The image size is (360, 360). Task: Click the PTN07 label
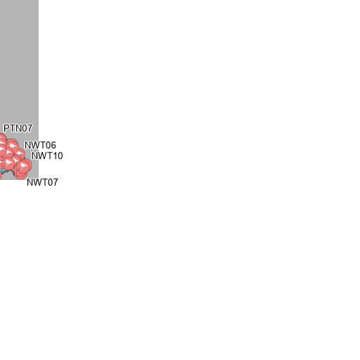click(18, 129)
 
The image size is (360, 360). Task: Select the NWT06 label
click(40, 146)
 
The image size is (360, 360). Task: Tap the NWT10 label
click(47, 156)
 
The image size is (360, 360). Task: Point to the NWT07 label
click(42, 182)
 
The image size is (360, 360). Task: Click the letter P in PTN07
click(6, 129)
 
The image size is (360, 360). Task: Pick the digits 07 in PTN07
click(27, 129)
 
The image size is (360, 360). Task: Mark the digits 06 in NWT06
click(51, 146)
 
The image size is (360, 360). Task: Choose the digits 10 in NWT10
click(58, 156)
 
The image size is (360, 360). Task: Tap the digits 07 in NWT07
click(53, 182)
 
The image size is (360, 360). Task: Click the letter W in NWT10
click(42, 156)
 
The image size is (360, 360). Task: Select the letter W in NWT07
click(38, 182)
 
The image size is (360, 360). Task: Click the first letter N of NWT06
click(27, 146)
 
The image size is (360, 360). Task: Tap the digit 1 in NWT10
click(55, 156)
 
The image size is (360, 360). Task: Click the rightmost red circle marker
click(25, 166)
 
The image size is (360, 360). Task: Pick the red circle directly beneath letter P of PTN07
click(2, 140)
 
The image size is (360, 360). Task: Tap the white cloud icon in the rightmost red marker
click(23, 166)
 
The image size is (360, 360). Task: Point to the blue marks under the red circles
click(4, 171)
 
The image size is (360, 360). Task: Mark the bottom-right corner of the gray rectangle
click(39, 180)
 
